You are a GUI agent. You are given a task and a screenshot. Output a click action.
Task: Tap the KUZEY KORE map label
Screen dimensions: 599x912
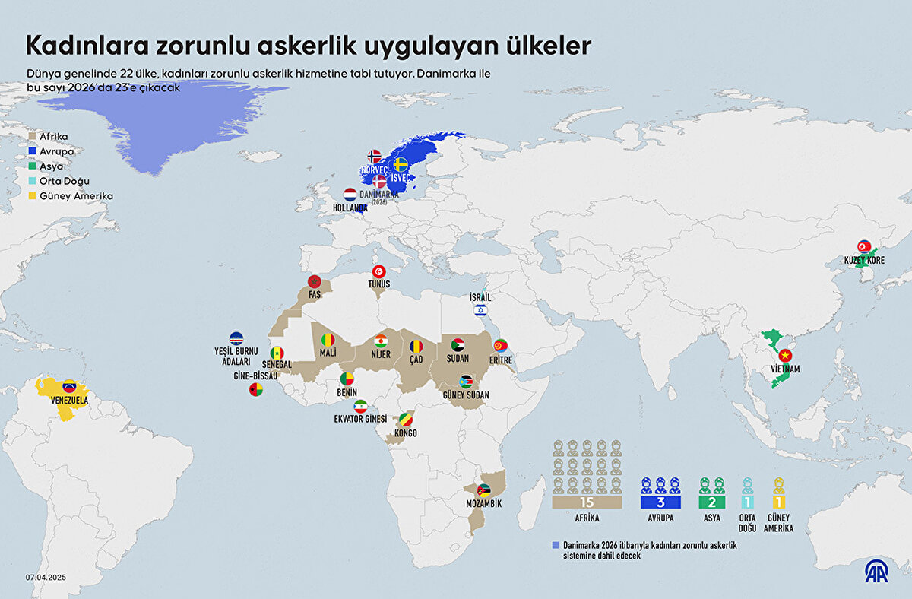pyautogui.click(x=864, y=261)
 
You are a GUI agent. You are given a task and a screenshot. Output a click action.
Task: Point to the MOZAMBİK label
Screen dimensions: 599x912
pyautogui.click(x=483, y=503)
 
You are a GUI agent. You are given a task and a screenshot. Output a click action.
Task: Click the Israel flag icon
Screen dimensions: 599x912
pyautogui.click(x=480, y=309)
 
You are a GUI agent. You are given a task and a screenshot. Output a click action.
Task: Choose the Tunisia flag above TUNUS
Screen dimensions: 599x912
pyautogui.click(x=378, y=272)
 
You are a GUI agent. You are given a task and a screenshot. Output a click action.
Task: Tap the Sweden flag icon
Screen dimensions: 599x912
pyautogui.click(x=401, y=164)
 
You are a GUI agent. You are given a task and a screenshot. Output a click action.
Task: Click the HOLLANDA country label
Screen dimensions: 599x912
pyautogui.click(x=350, y=207)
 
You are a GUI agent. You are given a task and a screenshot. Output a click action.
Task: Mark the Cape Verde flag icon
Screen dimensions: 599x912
pyautogui.click(x=236, y=338)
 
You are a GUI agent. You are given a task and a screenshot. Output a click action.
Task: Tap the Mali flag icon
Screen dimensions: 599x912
pyautogui.click(x=328, y=340)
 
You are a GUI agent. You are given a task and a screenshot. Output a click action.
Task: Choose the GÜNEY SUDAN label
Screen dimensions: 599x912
pyautogui.click(x=466, y=395)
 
